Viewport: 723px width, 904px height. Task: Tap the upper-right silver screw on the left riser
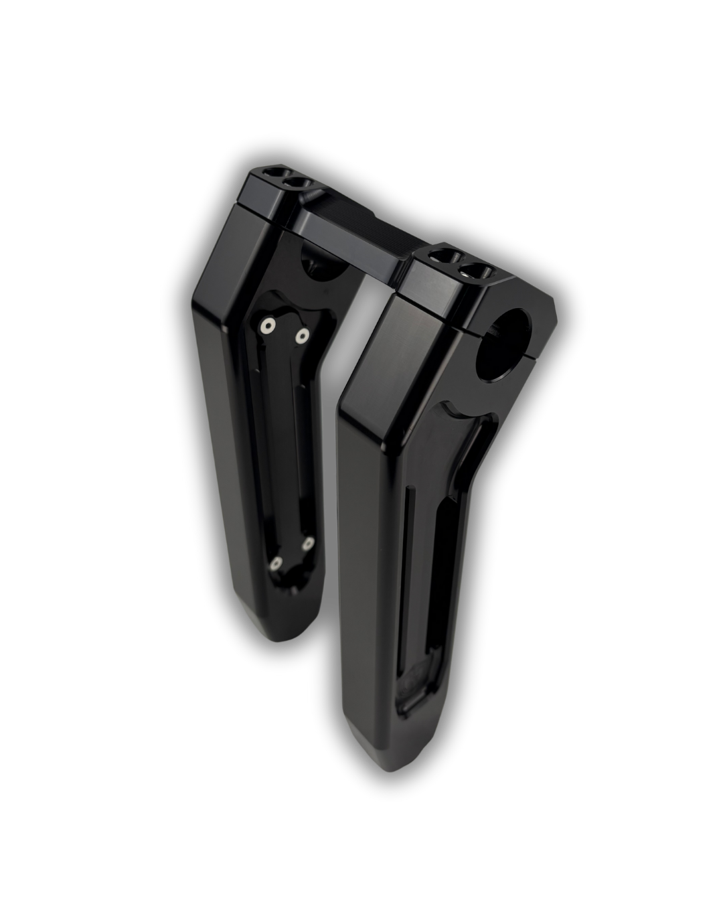click(x=303, y=333)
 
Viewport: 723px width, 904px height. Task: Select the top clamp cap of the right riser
click(x=455, y=281)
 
